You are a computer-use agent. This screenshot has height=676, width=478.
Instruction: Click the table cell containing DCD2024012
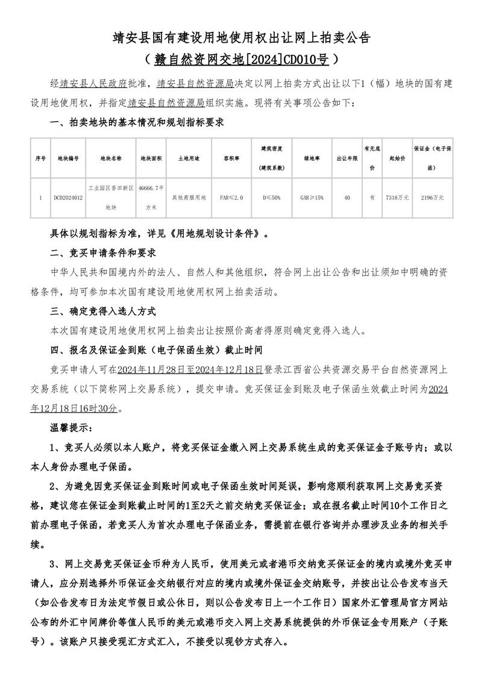(x=68, y=197)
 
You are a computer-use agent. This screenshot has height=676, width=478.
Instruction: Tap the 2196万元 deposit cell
(x=432, y=197)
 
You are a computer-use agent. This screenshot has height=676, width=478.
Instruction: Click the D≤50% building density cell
(x=272, y=197)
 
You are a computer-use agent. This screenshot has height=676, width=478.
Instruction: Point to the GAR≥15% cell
(x=312, y=197)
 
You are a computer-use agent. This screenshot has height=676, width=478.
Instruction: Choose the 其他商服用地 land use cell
(x=189, y=197)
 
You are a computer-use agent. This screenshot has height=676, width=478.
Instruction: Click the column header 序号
(x=40, y=158)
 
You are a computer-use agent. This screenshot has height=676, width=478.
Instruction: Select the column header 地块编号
(x=68, y=158)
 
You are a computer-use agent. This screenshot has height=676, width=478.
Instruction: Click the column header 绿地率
(x=312, y=158)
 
